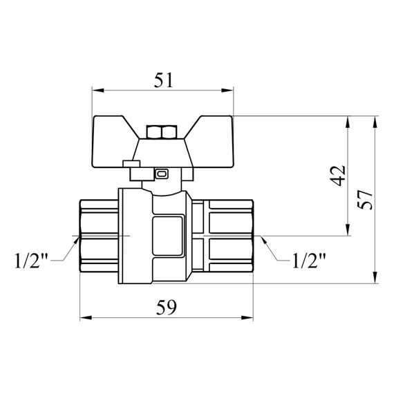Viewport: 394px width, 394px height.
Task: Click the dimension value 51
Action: (162, 79)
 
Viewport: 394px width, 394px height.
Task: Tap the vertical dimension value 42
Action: (337, 176)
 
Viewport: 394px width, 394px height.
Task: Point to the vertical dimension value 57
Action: (366, 199)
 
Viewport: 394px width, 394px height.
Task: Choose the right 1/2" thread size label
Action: (308, 262)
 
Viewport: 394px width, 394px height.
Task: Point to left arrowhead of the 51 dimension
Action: (97, 91)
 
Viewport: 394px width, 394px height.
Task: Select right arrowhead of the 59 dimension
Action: (250, 318)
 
